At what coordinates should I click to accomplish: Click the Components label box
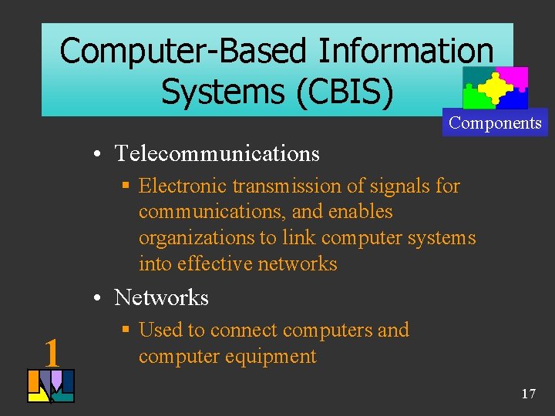point(495,123)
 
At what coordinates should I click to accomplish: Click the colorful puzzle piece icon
point(495,88)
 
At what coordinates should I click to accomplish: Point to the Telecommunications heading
point(217,153)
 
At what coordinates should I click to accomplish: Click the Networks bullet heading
point(161,297)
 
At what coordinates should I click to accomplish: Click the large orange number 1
point(52,353)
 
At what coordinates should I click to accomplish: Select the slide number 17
point(528,394)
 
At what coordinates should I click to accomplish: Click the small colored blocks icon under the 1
point(50,386)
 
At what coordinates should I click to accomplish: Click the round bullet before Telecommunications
point(101,154)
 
